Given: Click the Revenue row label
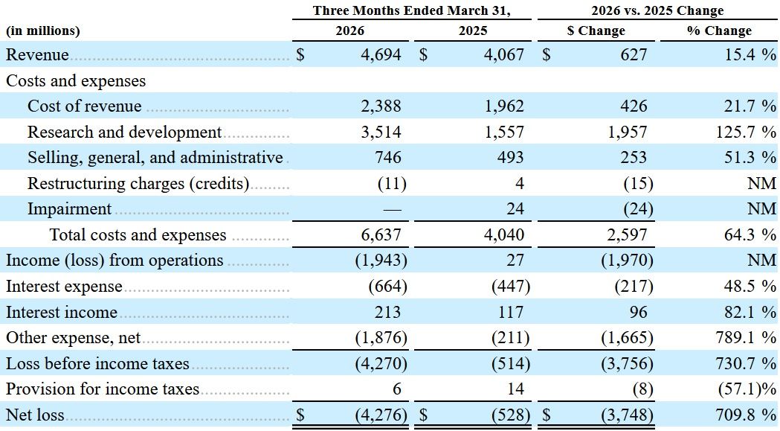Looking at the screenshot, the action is coord(37,54).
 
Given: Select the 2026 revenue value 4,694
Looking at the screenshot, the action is coord(381,54).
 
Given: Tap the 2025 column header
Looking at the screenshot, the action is coord(473,31).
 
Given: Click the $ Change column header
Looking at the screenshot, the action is coord(596,31).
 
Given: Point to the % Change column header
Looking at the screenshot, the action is coord(719,31).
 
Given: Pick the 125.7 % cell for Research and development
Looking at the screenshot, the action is coord(746,132).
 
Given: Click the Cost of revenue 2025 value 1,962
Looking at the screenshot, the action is coord(504,106).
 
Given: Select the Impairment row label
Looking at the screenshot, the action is coord(70,208).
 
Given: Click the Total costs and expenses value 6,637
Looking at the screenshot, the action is coord(381,234).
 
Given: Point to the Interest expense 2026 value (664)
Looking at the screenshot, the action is coord(387,287).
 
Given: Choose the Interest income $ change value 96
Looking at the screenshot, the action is coord(638,312).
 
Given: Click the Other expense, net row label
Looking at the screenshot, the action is coord(73,338).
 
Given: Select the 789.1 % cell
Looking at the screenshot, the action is coord(746,338).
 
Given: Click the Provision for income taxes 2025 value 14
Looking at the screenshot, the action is coord(515,389).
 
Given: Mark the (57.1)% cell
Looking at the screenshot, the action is coord(747,389).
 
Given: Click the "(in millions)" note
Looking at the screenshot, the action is coord(43,31).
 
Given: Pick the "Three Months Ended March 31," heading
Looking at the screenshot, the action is coord(411,11).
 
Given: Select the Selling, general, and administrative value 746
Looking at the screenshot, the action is coord(387,158).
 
